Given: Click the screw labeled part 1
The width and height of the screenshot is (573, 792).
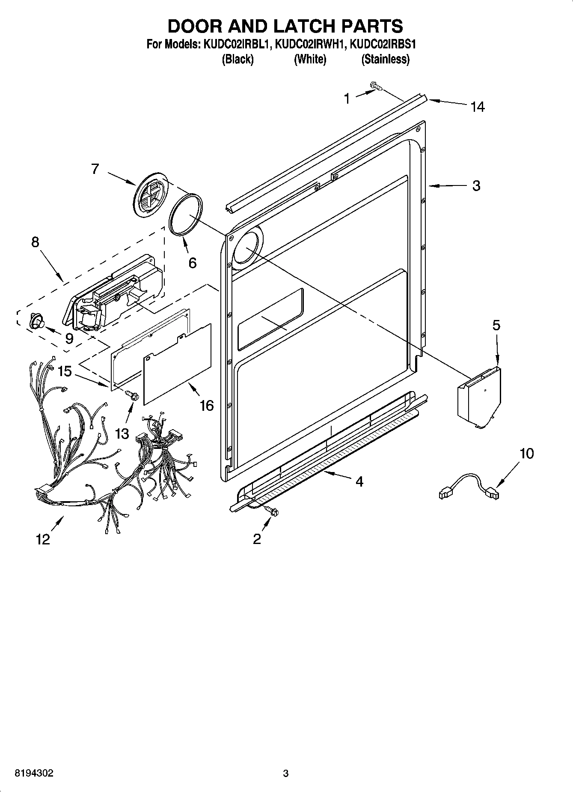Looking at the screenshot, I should coord(376,87).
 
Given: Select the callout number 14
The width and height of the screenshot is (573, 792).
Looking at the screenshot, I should coord(478,107).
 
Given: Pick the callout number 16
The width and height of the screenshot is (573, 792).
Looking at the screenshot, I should coord(207,405).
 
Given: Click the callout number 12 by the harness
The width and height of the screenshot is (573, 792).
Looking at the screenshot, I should coord(43,539).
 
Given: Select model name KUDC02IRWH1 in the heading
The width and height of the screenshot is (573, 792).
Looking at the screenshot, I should coord(309,44).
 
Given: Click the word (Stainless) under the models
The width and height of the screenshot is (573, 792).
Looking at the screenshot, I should coord(385,59).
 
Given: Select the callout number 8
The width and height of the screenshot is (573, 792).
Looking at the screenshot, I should coord(35,242).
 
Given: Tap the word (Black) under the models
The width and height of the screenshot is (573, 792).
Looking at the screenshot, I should coord(238,59).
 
